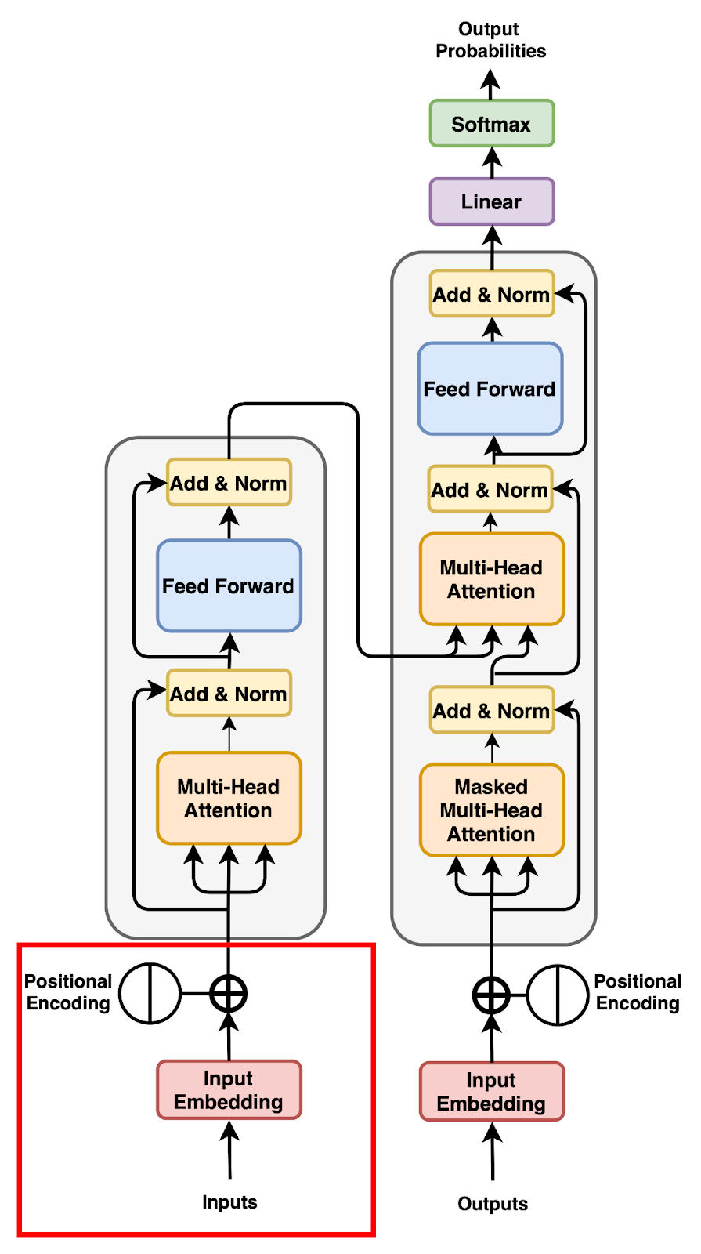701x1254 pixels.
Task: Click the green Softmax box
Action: pos(491,123)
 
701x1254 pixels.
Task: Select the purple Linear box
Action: pos(491,201)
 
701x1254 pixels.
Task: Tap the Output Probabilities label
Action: pos(490,40)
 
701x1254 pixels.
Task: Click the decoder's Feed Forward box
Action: pos(490,389)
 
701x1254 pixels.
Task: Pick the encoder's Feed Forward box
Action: pos(229,585)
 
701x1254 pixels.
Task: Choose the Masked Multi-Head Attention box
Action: pos(491,810)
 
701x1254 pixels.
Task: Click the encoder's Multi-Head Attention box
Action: pos(229,798)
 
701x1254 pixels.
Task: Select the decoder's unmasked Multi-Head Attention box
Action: pos(491,579)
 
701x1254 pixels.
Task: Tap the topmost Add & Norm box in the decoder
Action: pos(491,294)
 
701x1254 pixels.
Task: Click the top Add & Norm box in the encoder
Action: pos(229,483)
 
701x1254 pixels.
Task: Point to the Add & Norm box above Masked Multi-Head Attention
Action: pos(491,710)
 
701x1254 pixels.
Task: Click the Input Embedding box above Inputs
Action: pos(229,1089)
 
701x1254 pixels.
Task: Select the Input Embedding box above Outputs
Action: pos(491,1091)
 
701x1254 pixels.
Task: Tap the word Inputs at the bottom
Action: pos(229,1201)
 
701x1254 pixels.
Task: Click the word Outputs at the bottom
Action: pos(492,1203)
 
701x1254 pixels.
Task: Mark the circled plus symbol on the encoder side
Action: pos(229,994)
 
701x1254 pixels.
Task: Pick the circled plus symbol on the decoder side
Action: pos(491,995)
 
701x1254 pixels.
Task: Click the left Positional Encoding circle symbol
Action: pos(150,993)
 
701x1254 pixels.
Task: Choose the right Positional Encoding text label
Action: pos(637,992)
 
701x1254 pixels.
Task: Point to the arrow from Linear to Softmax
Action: pos(492,162)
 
